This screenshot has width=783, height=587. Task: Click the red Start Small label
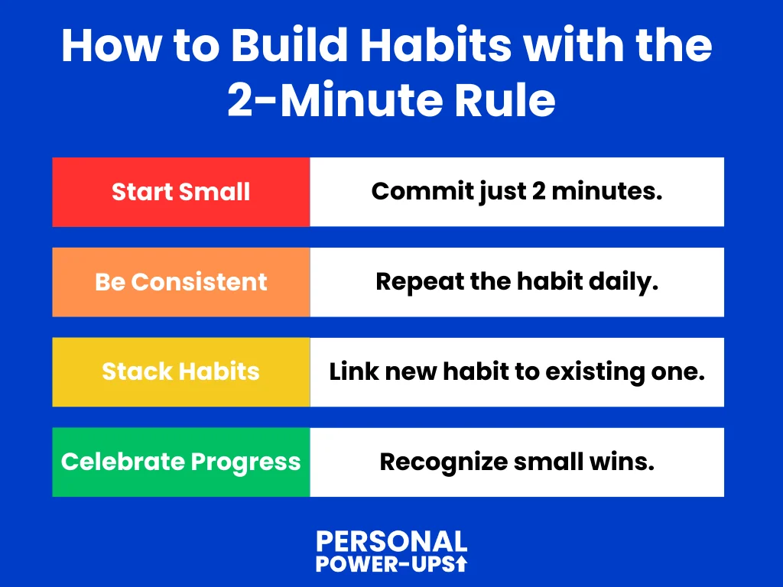pos(180,192)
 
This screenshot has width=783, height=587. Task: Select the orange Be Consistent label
pos(180,282)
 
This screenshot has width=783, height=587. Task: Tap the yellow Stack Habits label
pos(180,372)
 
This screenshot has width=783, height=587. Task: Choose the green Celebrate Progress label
pos(180,462)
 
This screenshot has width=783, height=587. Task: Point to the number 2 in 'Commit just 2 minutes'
pos(539,190)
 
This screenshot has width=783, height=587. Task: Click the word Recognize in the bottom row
pos(443,462)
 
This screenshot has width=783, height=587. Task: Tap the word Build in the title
pos(289,45)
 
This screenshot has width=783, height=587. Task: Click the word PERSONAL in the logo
pos(392,542)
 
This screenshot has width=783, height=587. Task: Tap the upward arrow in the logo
pos(462,563)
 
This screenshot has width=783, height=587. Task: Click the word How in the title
pos(112,45)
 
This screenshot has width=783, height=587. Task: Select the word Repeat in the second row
pos(420,283)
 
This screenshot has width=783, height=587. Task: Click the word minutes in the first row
pos(606,190)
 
